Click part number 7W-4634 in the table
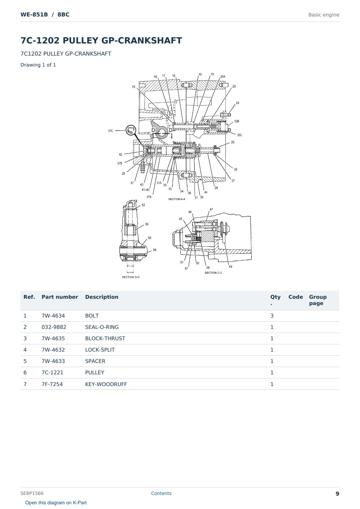click(53, 316)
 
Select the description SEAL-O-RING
click(102, 327)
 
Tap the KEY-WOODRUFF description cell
click(106, 384)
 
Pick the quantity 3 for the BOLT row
click(272, 316)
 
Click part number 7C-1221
click(52, 372)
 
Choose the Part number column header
click(60, 297)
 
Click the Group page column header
click(318, 300)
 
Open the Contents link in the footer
click(161, 493)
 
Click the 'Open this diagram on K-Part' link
click(56, 503)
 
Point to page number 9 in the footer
click(337, 494)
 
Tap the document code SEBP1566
click(32, 493)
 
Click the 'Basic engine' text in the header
click(324, 15)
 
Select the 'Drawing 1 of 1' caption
click(38, 65)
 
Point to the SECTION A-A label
click(177, 199)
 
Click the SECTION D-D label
click(131, 277)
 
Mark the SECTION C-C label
click(213, 273)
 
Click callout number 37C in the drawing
click(110, 131)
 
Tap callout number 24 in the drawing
click(238, 103)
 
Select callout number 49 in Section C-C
click(230, 267)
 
